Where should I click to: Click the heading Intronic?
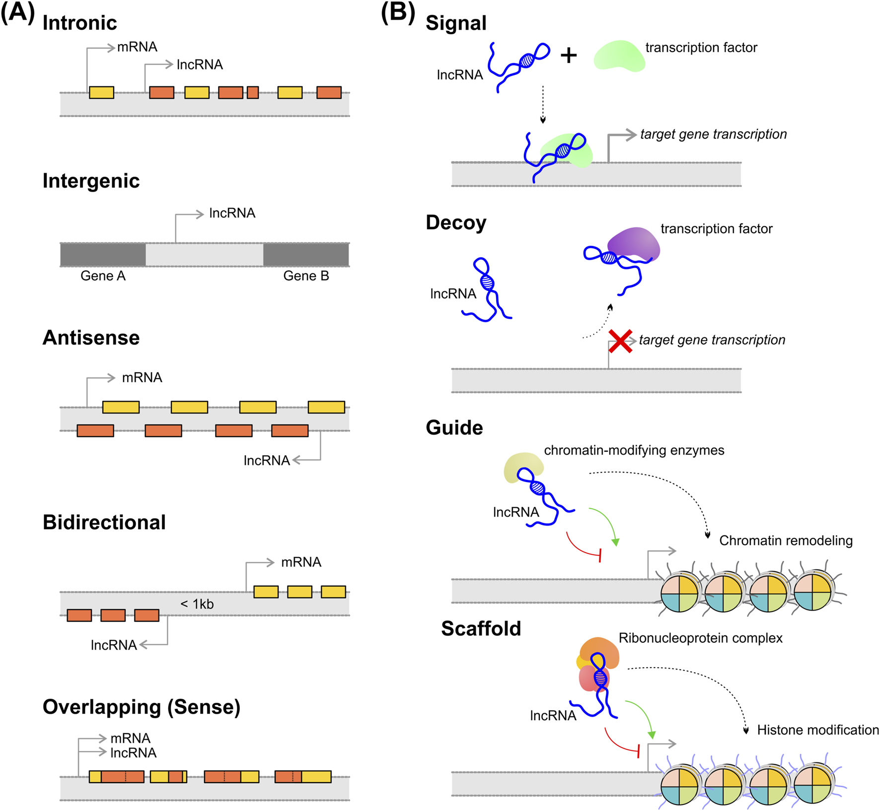79,23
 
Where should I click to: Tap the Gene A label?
103,276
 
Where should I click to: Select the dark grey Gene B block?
305,255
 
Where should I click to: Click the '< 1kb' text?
197,604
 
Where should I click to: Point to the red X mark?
620,341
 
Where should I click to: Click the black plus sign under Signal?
569,55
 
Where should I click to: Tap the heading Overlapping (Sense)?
142,707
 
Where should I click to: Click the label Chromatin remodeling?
786,541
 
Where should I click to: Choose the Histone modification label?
817,730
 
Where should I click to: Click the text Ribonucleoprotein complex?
700,638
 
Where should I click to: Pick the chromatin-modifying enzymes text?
634,450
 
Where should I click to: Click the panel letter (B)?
398,12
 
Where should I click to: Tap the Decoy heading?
456,222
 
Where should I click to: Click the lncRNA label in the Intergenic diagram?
232,213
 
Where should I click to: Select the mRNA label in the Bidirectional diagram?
301,562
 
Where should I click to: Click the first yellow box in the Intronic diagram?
101,92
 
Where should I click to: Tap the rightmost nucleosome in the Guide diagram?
813,592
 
